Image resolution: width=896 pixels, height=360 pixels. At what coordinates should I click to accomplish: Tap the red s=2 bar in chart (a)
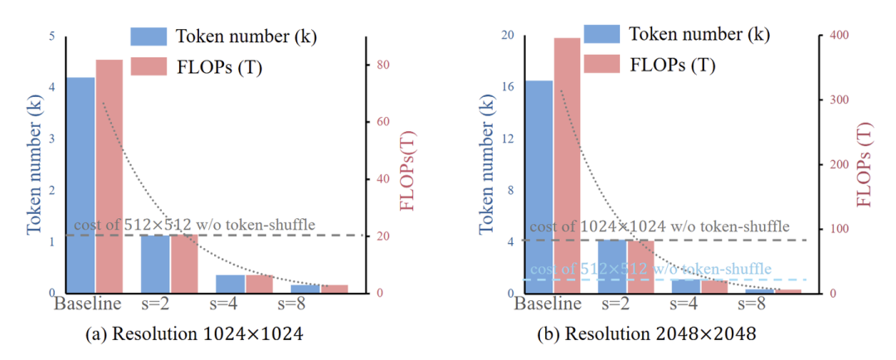point(184,264)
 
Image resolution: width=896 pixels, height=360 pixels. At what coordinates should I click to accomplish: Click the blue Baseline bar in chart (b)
point(540,187)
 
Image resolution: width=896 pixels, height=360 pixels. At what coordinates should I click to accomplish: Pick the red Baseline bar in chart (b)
point(567,165)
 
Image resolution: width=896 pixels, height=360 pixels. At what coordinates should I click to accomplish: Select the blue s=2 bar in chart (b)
point(611,266)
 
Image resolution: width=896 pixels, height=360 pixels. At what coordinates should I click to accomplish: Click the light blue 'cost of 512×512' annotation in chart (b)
point(650,270)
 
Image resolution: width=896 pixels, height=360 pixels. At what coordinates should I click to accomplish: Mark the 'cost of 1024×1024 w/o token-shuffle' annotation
point(660,226)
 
